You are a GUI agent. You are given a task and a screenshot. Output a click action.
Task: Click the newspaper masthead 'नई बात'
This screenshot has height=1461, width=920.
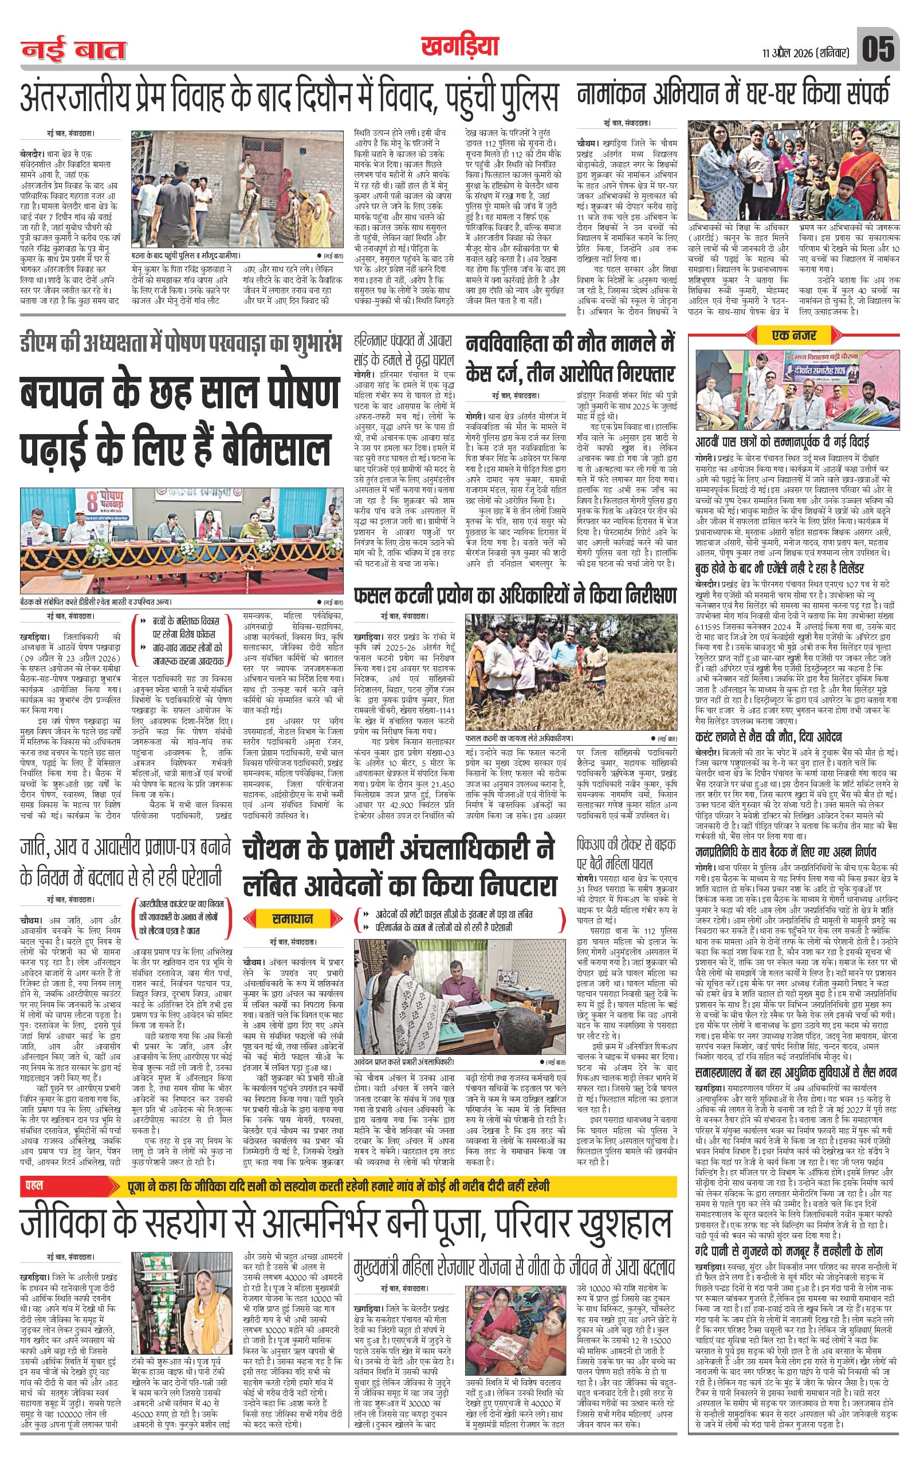click(x=73, y=50)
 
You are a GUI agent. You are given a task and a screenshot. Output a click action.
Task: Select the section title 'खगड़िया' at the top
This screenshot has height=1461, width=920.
click(x=459, y=47)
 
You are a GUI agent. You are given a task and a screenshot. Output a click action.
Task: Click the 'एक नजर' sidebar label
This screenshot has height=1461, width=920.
click(x=794, y=334)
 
